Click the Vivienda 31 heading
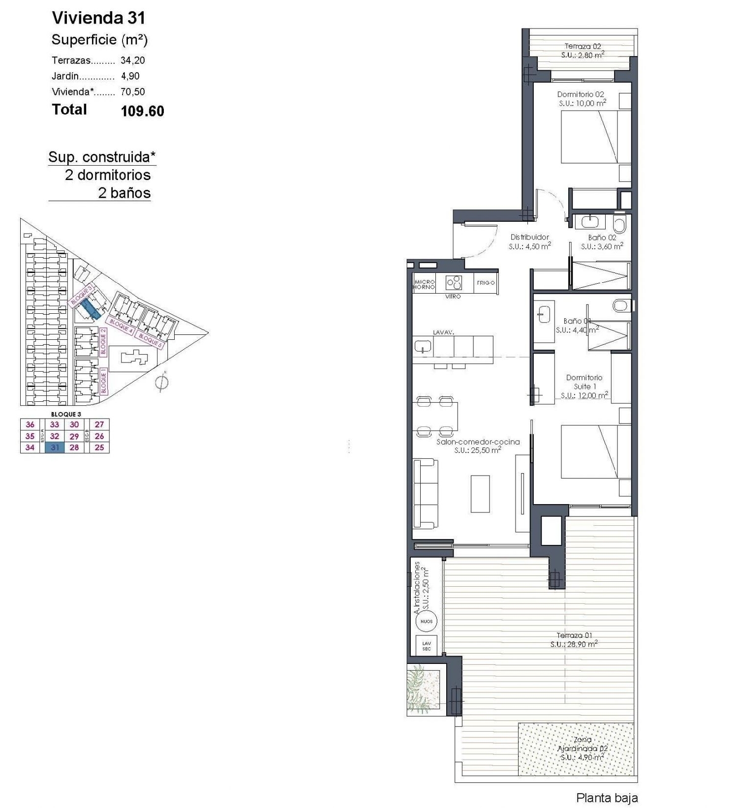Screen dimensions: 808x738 pos(98,18)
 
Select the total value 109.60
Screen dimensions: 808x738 pos(142,111)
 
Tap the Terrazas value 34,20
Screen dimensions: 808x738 pos(132,60)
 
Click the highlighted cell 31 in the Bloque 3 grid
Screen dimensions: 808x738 pos(55,448)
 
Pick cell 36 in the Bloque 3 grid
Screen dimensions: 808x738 pos(30,424)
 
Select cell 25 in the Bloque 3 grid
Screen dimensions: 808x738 pos(99,448)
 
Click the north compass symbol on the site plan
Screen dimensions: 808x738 pos(161,382)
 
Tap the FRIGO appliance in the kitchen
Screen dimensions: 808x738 pos(486,283)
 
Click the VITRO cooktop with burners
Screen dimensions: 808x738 pos(454,283)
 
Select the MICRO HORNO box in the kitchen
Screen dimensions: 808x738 pos(424,284)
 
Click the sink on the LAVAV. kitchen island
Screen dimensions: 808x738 pos(423,346)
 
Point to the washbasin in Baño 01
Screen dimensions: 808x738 pos(544,314)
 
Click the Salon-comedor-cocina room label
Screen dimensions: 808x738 pos(478,446)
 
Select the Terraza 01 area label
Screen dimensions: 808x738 pos(574,639)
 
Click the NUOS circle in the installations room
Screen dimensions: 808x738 pos(426,622)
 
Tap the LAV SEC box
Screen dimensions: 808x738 pos(426,646)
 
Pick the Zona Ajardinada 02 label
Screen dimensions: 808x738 pos(583,748)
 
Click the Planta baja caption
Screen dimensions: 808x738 pos(607,798)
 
